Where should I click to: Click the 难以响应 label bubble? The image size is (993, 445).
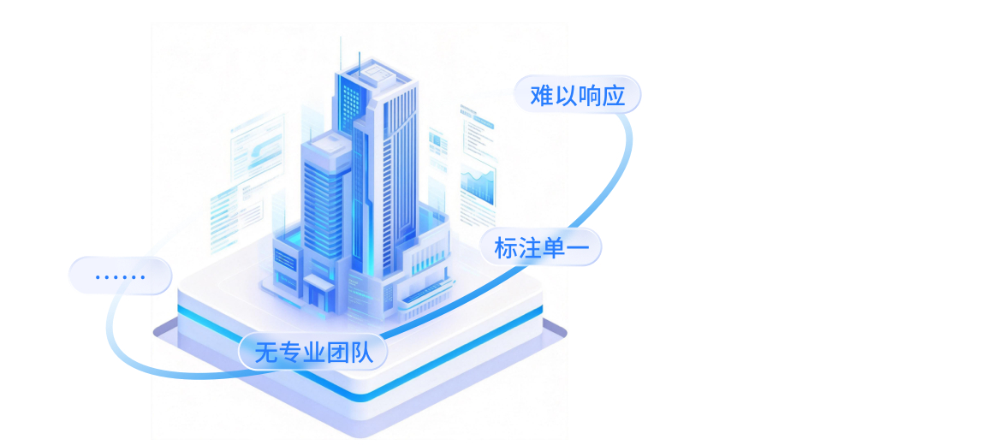(577, 95)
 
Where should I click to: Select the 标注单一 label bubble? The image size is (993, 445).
(541, 248)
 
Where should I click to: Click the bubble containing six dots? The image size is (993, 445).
(121, 276)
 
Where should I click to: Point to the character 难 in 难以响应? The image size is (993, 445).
(542, 95)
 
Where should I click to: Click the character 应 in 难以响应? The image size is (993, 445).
(614, 95)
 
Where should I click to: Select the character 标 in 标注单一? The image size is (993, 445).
(505, 248)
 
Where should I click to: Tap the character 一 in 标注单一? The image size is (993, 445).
(578, 248)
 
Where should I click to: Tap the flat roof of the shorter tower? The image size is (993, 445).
(324, 141)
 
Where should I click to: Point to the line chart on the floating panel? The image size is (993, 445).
(478, 182)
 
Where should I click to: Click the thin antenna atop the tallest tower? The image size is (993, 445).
(341, 51)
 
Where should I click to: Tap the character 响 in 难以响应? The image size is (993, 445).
(590, 95)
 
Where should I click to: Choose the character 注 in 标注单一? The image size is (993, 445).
(529, 248)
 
